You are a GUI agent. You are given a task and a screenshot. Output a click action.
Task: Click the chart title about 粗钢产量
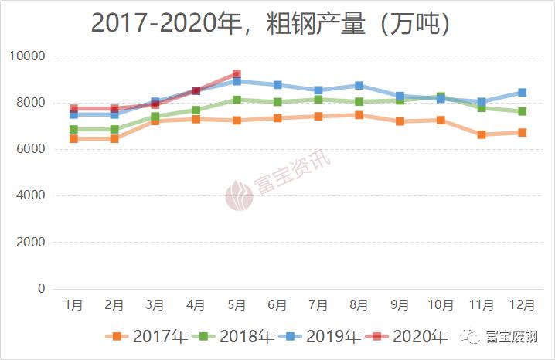[271, 24]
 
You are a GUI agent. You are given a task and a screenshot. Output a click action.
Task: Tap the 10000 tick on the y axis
[27, 56]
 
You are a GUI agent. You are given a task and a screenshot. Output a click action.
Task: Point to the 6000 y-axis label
[30, 149]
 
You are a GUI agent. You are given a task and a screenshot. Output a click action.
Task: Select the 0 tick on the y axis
[42, 289]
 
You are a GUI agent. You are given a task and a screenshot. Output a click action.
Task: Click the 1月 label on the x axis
[73, 306]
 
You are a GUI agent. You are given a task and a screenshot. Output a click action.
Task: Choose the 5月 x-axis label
[237, 306]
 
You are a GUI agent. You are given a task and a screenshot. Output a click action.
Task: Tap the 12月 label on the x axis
[522, 306]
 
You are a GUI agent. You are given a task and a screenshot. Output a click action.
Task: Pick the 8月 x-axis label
[359, 306]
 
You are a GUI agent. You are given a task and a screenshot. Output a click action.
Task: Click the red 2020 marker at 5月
[237, 75]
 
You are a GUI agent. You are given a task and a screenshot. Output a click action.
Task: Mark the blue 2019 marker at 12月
[522, 93]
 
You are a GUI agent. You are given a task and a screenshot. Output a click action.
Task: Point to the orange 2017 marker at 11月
[481, 134]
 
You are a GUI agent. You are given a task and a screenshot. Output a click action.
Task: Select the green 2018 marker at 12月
[522, 111]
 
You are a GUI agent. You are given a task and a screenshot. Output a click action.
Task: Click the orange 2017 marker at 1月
[73, 138]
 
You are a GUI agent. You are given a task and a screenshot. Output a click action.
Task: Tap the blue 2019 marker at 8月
[359, 85]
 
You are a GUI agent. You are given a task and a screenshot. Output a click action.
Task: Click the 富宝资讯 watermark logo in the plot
[240, 195]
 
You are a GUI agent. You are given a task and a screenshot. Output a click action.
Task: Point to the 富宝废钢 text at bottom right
[511, 336]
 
